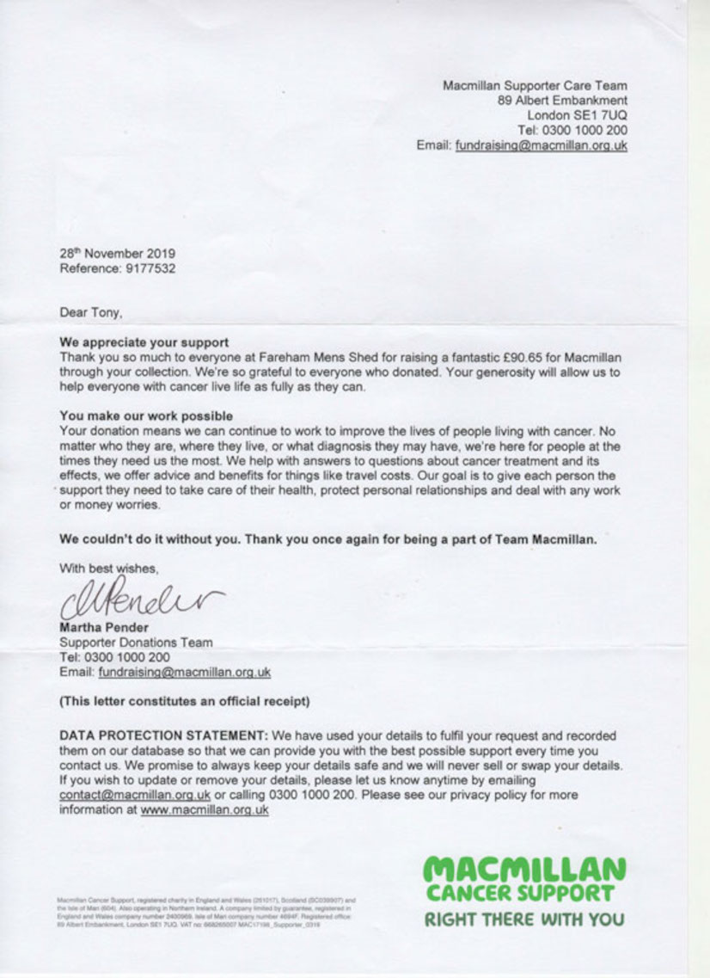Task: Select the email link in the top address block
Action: coord(541,145)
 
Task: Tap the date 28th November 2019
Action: coord(117,254)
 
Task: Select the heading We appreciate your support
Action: coord(144,342)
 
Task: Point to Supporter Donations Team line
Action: coord(136,642)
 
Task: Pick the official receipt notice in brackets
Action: coord(184,702)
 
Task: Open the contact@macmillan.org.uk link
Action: coord(135,795)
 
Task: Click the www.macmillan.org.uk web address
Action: coord(205,809)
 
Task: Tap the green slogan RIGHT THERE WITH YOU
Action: coord(523,919)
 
